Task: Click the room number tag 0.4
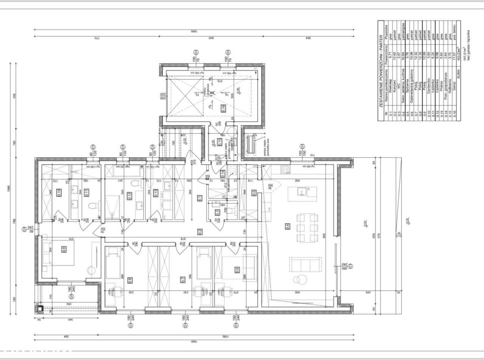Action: [x=288, y=227]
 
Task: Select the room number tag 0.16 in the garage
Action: [x=223, y=107]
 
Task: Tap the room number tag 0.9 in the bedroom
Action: [x=64, y=248]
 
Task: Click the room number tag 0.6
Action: [x=237, y=269]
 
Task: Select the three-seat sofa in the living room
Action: [x=305, y=264]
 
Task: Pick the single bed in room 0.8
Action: [x=112, y=261]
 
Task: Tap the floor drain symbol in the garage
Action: [x=212, y=92]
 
